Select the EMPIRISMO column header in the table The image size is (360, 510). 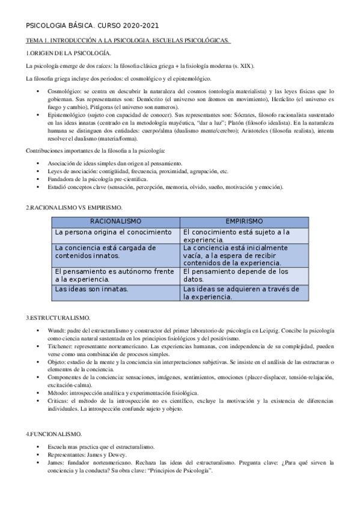245,221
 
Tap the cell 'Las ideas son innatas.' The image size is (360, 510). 92,289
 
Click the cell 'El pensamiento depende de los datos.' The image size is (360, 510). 236,275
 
